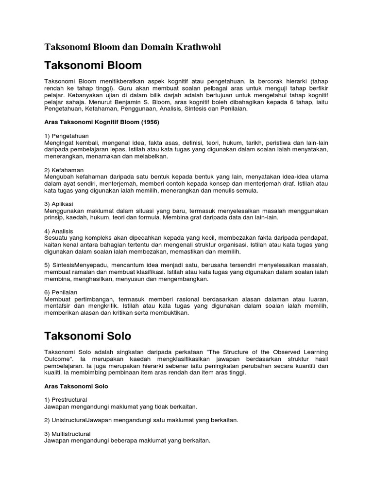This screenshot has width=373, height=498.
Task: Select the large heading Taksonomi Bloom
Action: pyautogui.click(x=93, y=65)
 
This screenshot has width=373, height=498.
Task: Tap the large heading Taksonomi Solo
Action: pyautogui.click(x=88, y=336)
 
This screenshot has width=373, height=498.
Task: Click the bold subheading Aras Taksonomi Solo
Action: pyautogui.click(x=76, y=386)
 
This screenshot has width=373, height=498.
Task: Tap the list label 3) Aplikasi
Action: pyautogui.click(x=59, y=204)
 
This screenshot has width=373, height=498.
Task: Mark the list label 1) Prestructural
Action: pyautogui.click(x=66, y=399)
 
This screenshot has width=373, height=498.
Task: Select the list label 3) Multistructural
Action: pyautogui.click(x=68, y=433)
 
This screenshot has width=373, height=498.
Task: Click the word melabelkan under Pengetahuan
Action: pyautogui.click(x=151, y=157)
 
